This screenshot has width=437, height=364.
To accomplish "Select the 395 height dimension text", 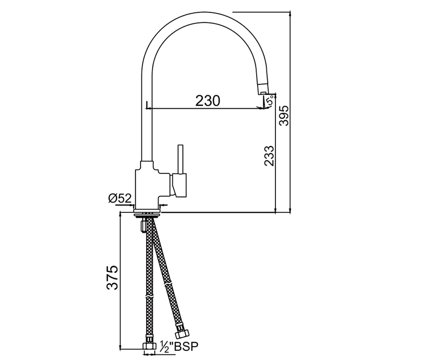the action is coord(284,116).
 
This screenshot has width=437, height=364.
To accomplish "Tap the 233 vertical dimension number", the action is coord(269,156).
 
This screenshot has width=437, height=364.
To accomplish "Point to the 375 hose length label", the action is coord(113,278).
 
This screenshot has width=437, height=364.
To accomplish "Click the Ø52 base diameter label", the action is coord(120,198).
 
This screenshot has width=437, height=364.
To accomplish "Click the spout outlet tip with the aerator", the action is coord(263,89).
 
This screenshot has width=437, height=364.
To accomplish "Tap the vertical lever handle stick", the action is coord(180,159).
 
